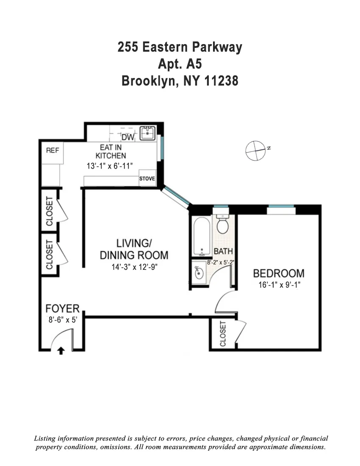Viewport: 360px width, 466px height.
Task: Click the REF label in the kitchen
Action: [53, 150]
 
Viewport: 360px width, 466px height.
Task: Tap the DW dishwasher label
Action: [127, 138]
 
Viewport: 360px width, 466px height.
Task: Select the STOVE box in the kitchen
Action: [147, 179]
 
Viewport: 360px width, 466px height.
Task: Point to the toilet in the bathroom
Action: [222, 223]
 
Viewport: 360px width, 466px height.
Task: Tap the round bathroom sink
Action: [198, 273]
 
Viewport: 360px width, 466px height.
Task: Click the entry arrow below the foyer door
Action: [61, 350]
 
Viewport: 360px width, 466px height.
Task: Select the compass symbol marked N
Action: [256, 150]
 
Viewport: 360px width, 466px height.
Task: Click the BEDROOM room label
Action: [278, 273]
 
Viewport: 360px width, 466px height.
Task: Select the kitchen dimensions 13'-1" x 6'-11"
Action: [110, 166]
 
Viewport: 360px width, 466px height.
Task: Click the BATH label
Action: [223, 252]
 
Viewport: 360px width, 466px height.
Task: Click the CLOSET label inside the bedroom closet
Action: [223, 333]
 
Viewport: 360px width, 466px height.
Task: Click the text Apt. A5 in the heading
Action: [180, 64]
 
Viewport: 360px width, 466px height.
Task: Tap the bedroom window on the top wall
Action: [281, 207]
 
